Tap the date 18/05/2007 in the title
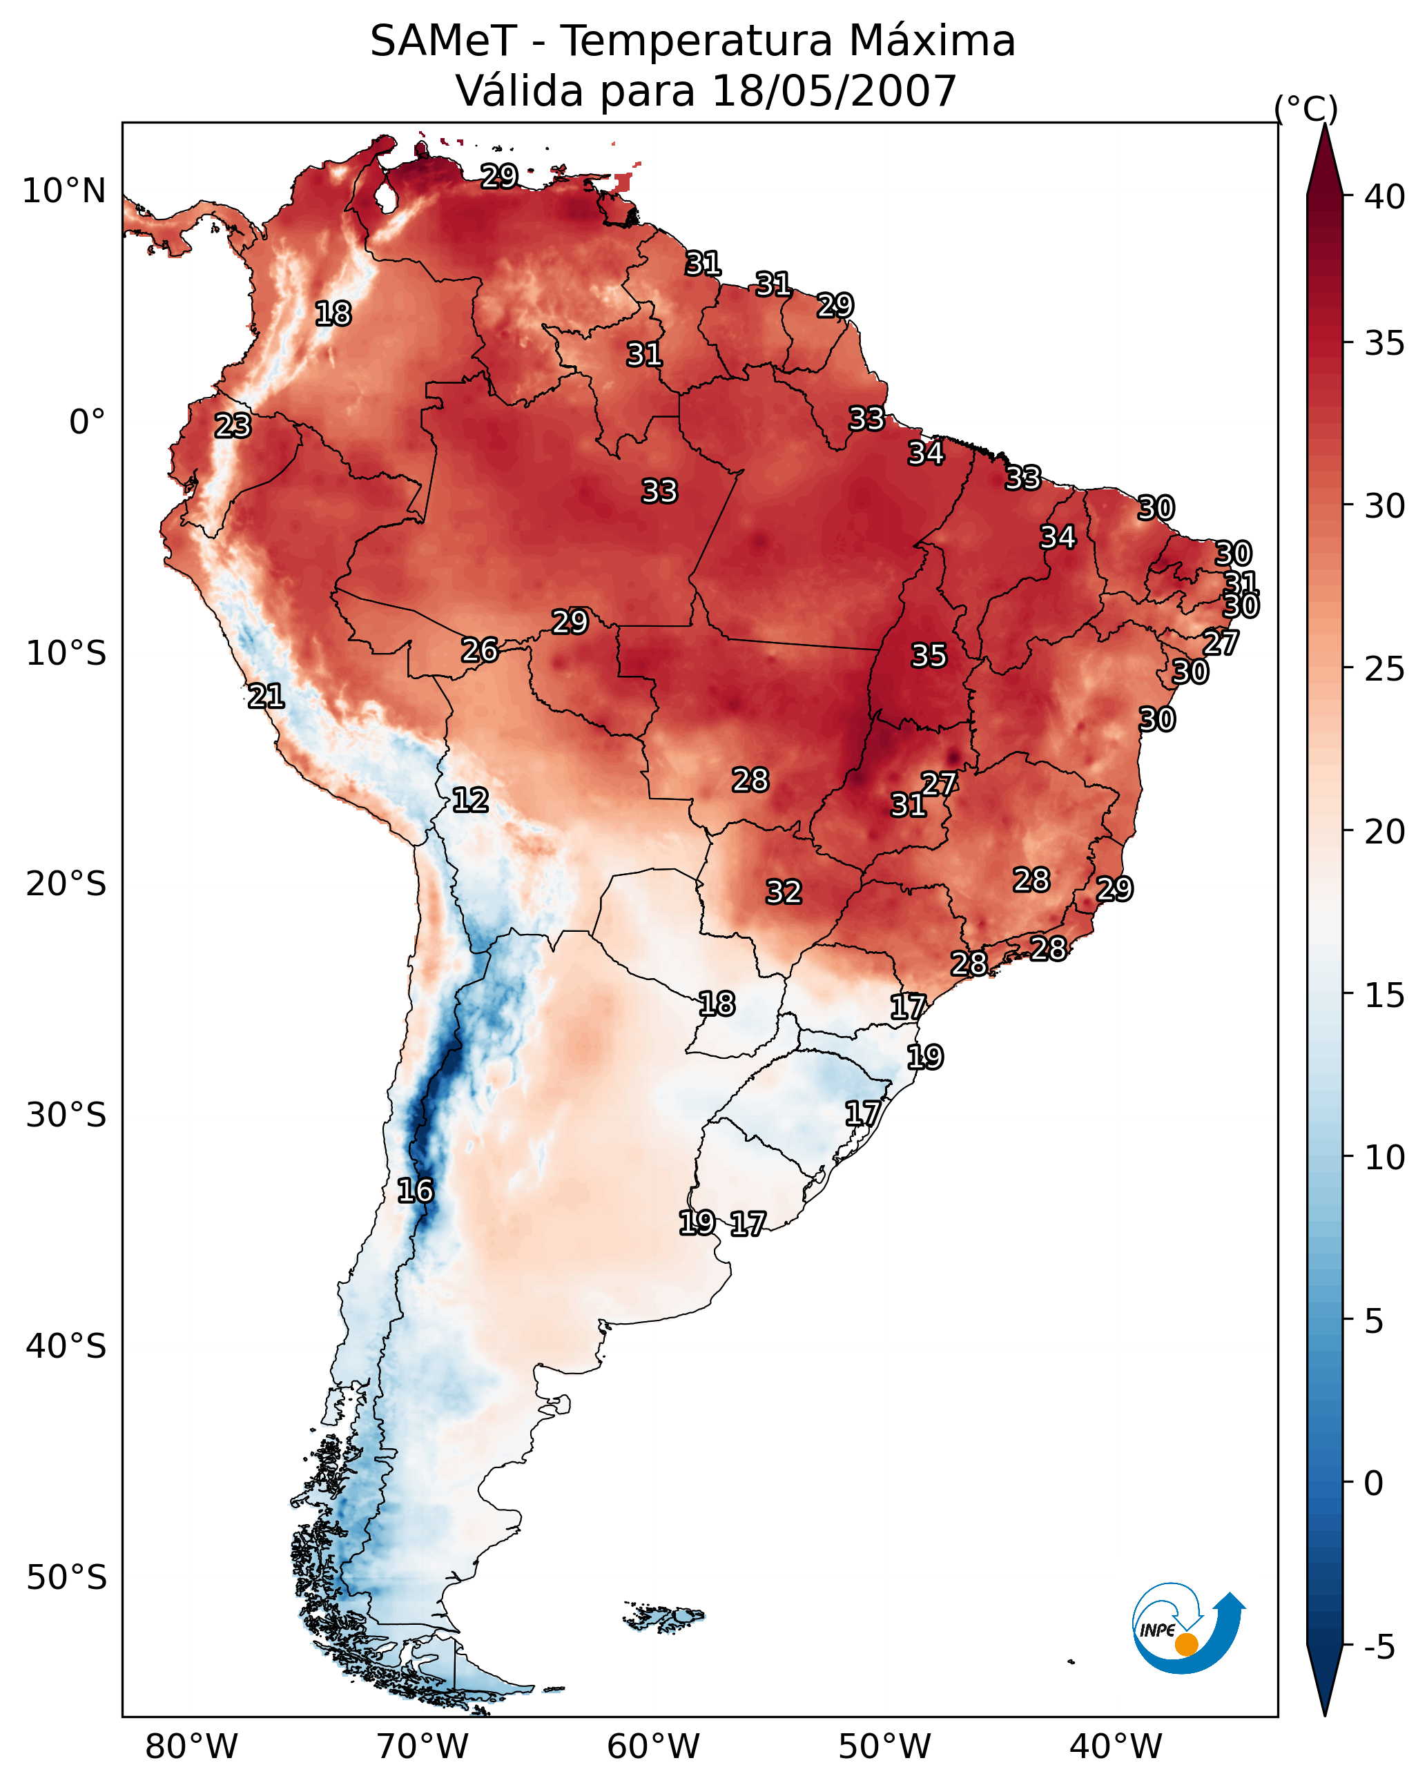point(834,91)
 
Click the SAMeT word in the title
point(444,41)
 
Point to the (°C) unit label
point(1306,108)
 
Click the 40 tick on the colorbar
point(1385,197)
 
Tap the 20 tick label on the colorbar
point(1385,832)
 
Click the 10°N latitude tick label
point(64,191)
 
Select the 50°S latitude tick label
point(66,1578)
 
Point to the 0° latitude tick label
point(88,422)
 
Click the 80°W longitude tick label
point(191,1746)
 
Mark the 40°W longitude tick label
point(1116,1746)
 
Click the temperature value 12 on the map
point(470,801)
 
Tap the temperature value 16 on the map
point(415,1191)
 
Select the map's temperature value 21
point(266,696)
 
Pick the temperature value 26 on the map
point(480,651)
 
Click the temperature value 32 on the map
point(784,892)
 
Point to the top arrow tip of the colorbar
point(1324,124)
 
